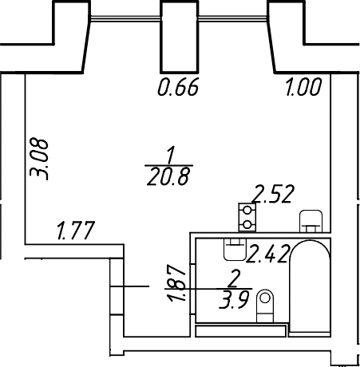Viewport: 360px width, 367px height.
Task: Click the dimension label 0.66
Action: [178, 87]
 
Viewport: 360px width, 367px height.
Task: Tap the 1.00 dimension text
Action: [303, 87]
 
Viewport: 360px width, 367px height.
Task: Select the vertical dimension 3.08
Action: [39, 159]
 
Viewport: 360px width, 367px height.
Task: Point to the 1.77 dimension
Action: [76, 231]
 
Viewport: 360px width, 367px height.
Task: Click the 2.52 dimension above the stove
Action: [273, 194]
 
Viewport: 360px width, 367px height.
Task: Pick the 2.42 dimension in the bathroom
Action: [268, 254]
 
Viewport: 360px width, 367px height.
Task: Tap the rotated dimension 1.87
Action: [176, 282]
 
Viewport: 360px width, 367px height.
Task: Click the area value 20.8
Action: [168, 176]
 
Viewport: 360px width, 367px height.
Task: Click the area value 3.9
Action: [234, 300]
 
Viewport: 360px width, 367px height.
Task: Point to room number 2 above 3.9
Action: [234, 278]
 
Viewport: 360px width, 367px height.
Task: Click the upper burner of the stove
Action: [247, 210]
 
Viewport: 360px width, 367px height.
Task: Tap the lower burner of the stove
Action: [247, 225]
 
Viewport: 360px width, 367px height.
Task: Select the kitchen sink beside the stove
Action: [311, 221]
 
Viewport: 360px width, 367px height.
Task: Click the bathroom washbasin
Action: [235, 250]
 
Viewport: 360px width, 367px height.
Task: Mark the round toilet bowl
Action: [265, 306]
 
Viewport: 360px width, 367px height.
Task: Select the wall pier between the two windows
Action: [180, 37]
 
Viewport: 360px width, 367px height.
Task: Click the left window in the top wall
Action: [125, 18]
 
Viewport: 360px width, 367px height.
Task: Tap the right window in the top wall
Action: [233, 18]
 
